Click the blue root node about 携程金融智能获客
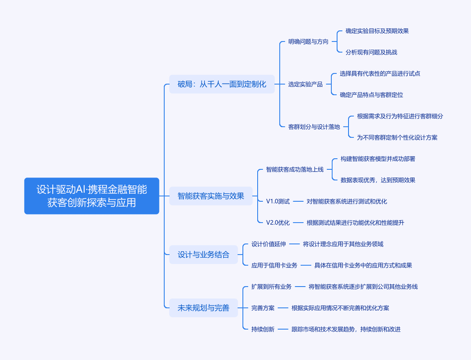point(92,196)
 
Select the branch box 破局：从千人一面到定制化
point(222,84)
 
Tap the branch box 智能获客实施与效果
point(211,196)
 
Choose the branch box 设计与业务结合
point(203,254)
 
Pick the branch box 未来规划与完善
point(203,308)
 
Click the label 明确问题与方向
point(308,41)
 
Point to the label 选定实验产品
point(305,84)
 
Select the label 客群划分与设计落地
point(314,127)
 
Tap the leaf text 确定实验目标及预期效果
point(377,31)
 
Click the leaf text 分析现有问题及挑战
point(371,52)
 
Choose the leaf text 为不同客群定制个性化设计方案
point(397,137)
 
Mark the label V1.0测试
point(278,201)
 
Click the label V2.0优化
point(278,223)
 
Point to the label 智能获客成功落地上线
point(295,169)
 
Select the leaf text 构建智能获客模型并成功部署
point(378,159)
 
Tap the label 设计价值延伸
point(269,244)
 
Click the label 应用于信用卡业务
point(274,265)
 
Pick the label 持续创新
point(263,329)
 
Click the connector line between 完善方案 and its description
point(283,308)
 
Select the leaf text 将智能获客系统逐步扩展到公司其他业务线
point(363,287)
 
